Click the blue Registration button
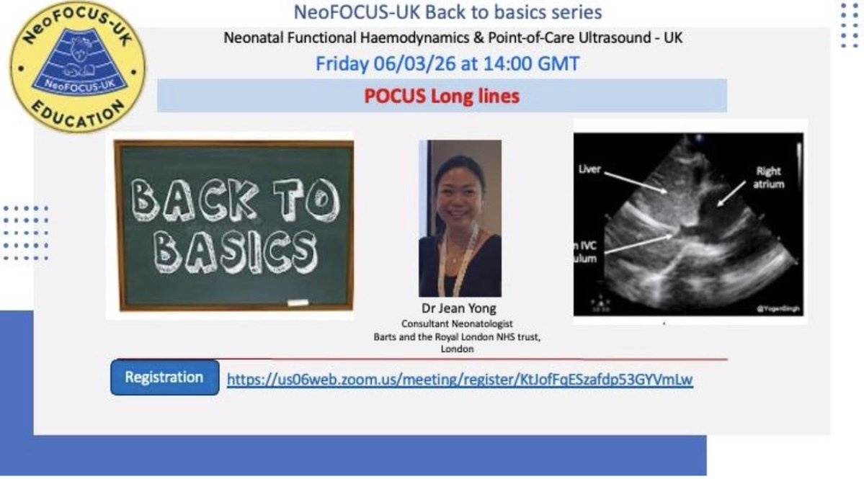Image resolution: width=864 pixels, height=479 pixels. [x=164, y=377]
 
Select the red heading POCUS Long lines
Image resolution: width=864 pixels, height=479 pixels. [x=442, y=96]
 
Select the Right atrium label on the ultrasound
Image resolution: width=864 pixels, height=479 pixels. [x=769, y=178]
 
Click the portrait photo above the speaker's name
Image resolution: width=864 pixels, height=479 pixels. [x=460, y=218]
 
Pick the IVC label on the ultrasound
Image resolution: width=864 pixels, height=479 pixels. [x=589, y=246]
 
